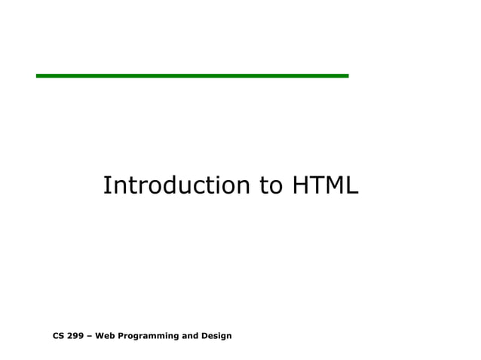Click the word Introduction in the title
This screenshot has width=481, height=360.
177,185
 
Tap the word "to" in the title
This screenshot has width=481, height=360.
269,185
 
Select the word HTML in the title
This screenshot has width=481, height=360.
323,185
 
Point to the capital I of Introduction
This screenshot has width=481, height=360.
106,185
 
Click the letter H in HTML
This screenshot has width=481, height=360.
299,185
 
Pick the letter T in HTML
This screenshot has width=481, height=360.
316,185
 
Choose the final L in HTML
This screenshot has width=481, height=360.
352,185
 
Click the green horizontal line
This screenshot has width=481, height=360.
192,75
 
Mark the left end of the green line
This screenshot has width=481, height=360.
38,75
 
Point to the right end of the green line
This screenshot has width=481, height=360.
347,75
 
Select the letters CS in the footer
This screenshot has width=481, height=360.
59,335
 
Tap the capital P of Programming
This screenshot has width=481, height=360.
119,335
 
